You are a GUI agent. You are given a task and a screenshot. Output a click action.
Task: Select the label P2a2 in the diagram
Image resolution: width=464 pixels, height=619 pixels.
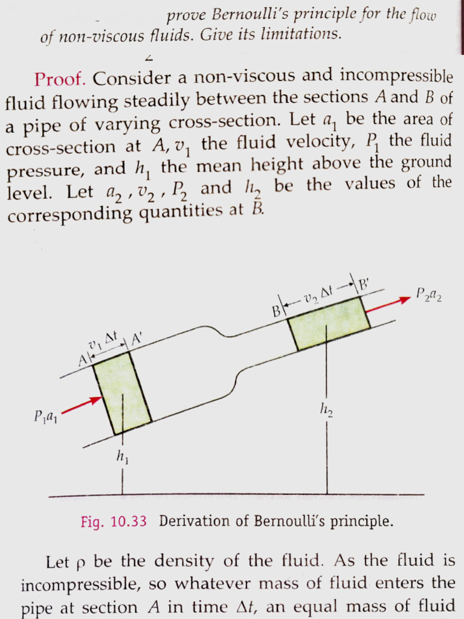pyautogui.click(x=429, y=296)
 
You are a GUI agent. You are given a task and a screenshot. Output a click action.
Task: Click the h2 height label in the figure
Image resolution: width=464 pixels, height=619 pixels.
pyautogui.click(x=327, y=412)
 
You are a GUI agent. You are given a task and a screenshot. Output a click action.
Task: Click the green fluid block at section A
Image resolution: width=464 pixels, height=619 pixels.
pyautogui.click(x=121, y=393)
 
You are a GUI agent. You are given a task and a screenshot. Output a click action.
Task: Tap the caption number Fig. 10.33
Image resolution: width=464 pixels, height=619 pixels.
pyautogui.click(x=114, y=522)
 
